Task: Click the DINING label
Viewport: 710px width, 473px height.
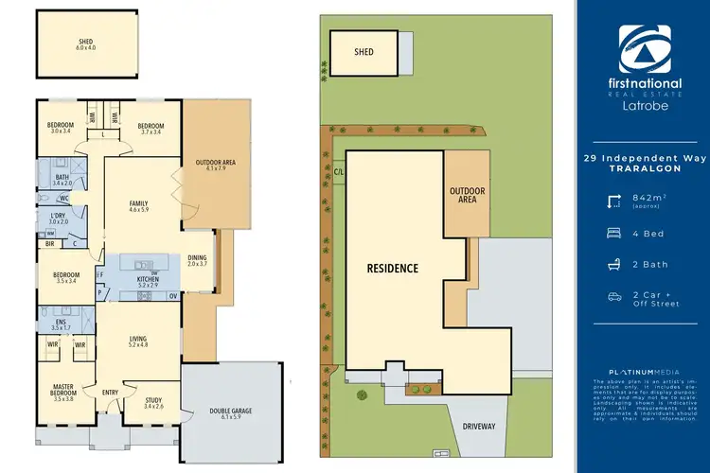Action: click(x=196, y=257)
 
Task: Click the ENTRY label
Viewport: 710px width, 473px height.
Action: click(x=110, y=393)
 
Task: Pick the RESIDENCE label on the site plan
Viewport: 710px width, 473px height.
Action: click(x=393, y=268)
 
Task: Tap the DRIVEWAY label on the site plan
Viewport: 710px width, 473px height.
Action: click(x=479, y=427)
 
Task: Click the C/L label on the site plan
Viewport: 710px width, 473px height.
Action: click(x=338, y=172)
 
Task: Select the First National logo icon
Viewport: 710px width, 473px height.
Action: click(x=644, y=44)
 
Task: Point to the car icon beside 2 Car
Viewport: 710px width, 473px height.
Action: click(x=614, y=297)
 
